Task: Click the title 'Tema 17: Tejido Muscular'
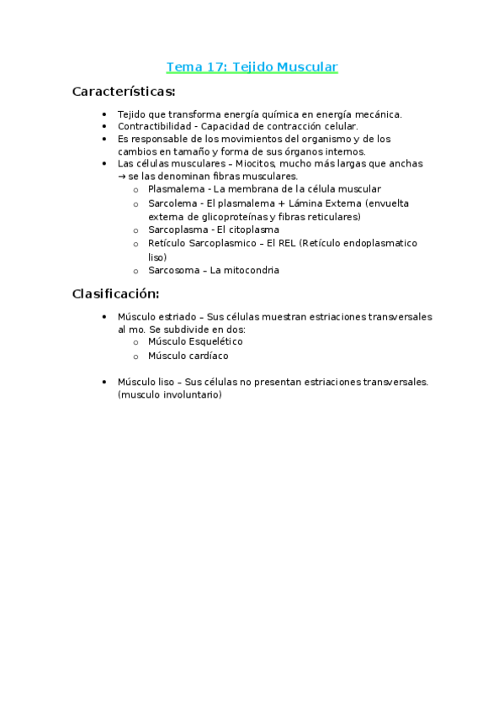(x=252, y=67)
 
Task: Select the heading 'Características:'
(x=124, y=91)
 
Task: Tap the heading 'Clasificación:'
(x=115, y=293)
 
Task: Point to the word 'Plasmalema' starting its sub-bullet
(x=174, y=189)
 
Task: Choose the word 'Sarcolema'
(x=172, y=203)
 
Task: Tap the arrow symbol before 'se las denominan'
(x=122, y=177)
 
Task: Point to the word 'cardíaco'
(x=210, y=356)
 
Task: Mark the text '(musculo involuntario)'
(x=170, y=395)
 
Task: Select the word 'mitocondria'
(x=252, y=270)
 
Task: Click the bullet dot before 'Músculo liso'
(x=103, y=382)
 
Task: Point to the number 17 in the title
(x=204, y=67)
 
